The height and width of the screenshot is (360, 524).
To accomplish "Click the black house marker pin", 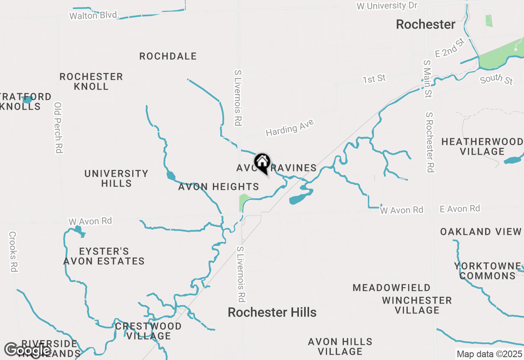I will coord(262,162).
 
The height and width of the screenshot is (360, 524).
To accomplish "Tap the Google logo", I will coord(27,350).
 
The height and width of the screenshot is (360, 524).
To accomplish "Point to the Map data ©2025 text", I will coord(489,354).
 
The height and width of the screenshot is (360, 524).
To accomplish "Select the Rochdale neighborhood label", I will coord(168,56).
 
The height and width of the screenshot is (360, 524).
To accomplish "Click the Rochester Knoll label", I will coord(91,81).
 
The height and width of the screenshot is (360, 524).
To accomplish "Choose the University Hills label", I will coord(116,178).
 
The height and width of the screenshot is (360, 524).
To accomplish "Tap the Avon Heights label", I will coord(219,187).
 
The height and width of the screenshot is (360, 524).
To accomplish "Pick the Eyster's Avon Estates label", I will coord(104,256).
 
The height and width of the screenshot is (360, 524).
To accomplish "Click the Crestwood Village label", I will coord(148,331).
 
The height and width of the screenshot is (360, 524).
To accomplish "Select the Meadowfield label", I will coord(391,288).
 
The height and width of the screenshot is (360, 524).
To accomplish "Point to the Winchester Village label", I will coord(417,305).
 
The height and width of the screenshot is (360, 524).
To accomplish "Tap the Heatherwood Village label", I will coord(482,146).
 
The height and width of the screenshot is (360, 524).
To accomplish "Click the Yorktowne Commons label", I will coord(487,271).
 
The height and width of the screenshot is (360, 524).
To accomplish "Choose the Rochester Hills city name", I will coord(272,313).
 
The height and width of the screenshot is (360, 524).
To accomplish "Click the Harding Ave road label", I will coord(289,128).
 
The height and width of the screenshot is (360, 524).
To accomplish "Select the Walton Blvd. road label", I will coord(94,16).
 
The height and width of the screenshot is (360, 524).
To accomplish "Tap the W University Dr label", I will coord(387,6).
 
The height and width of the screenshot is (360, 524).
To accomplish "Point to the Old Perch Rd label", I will coord(58,128).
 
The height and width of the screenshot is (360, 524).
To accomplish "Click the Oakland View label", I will coord(481,232).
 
